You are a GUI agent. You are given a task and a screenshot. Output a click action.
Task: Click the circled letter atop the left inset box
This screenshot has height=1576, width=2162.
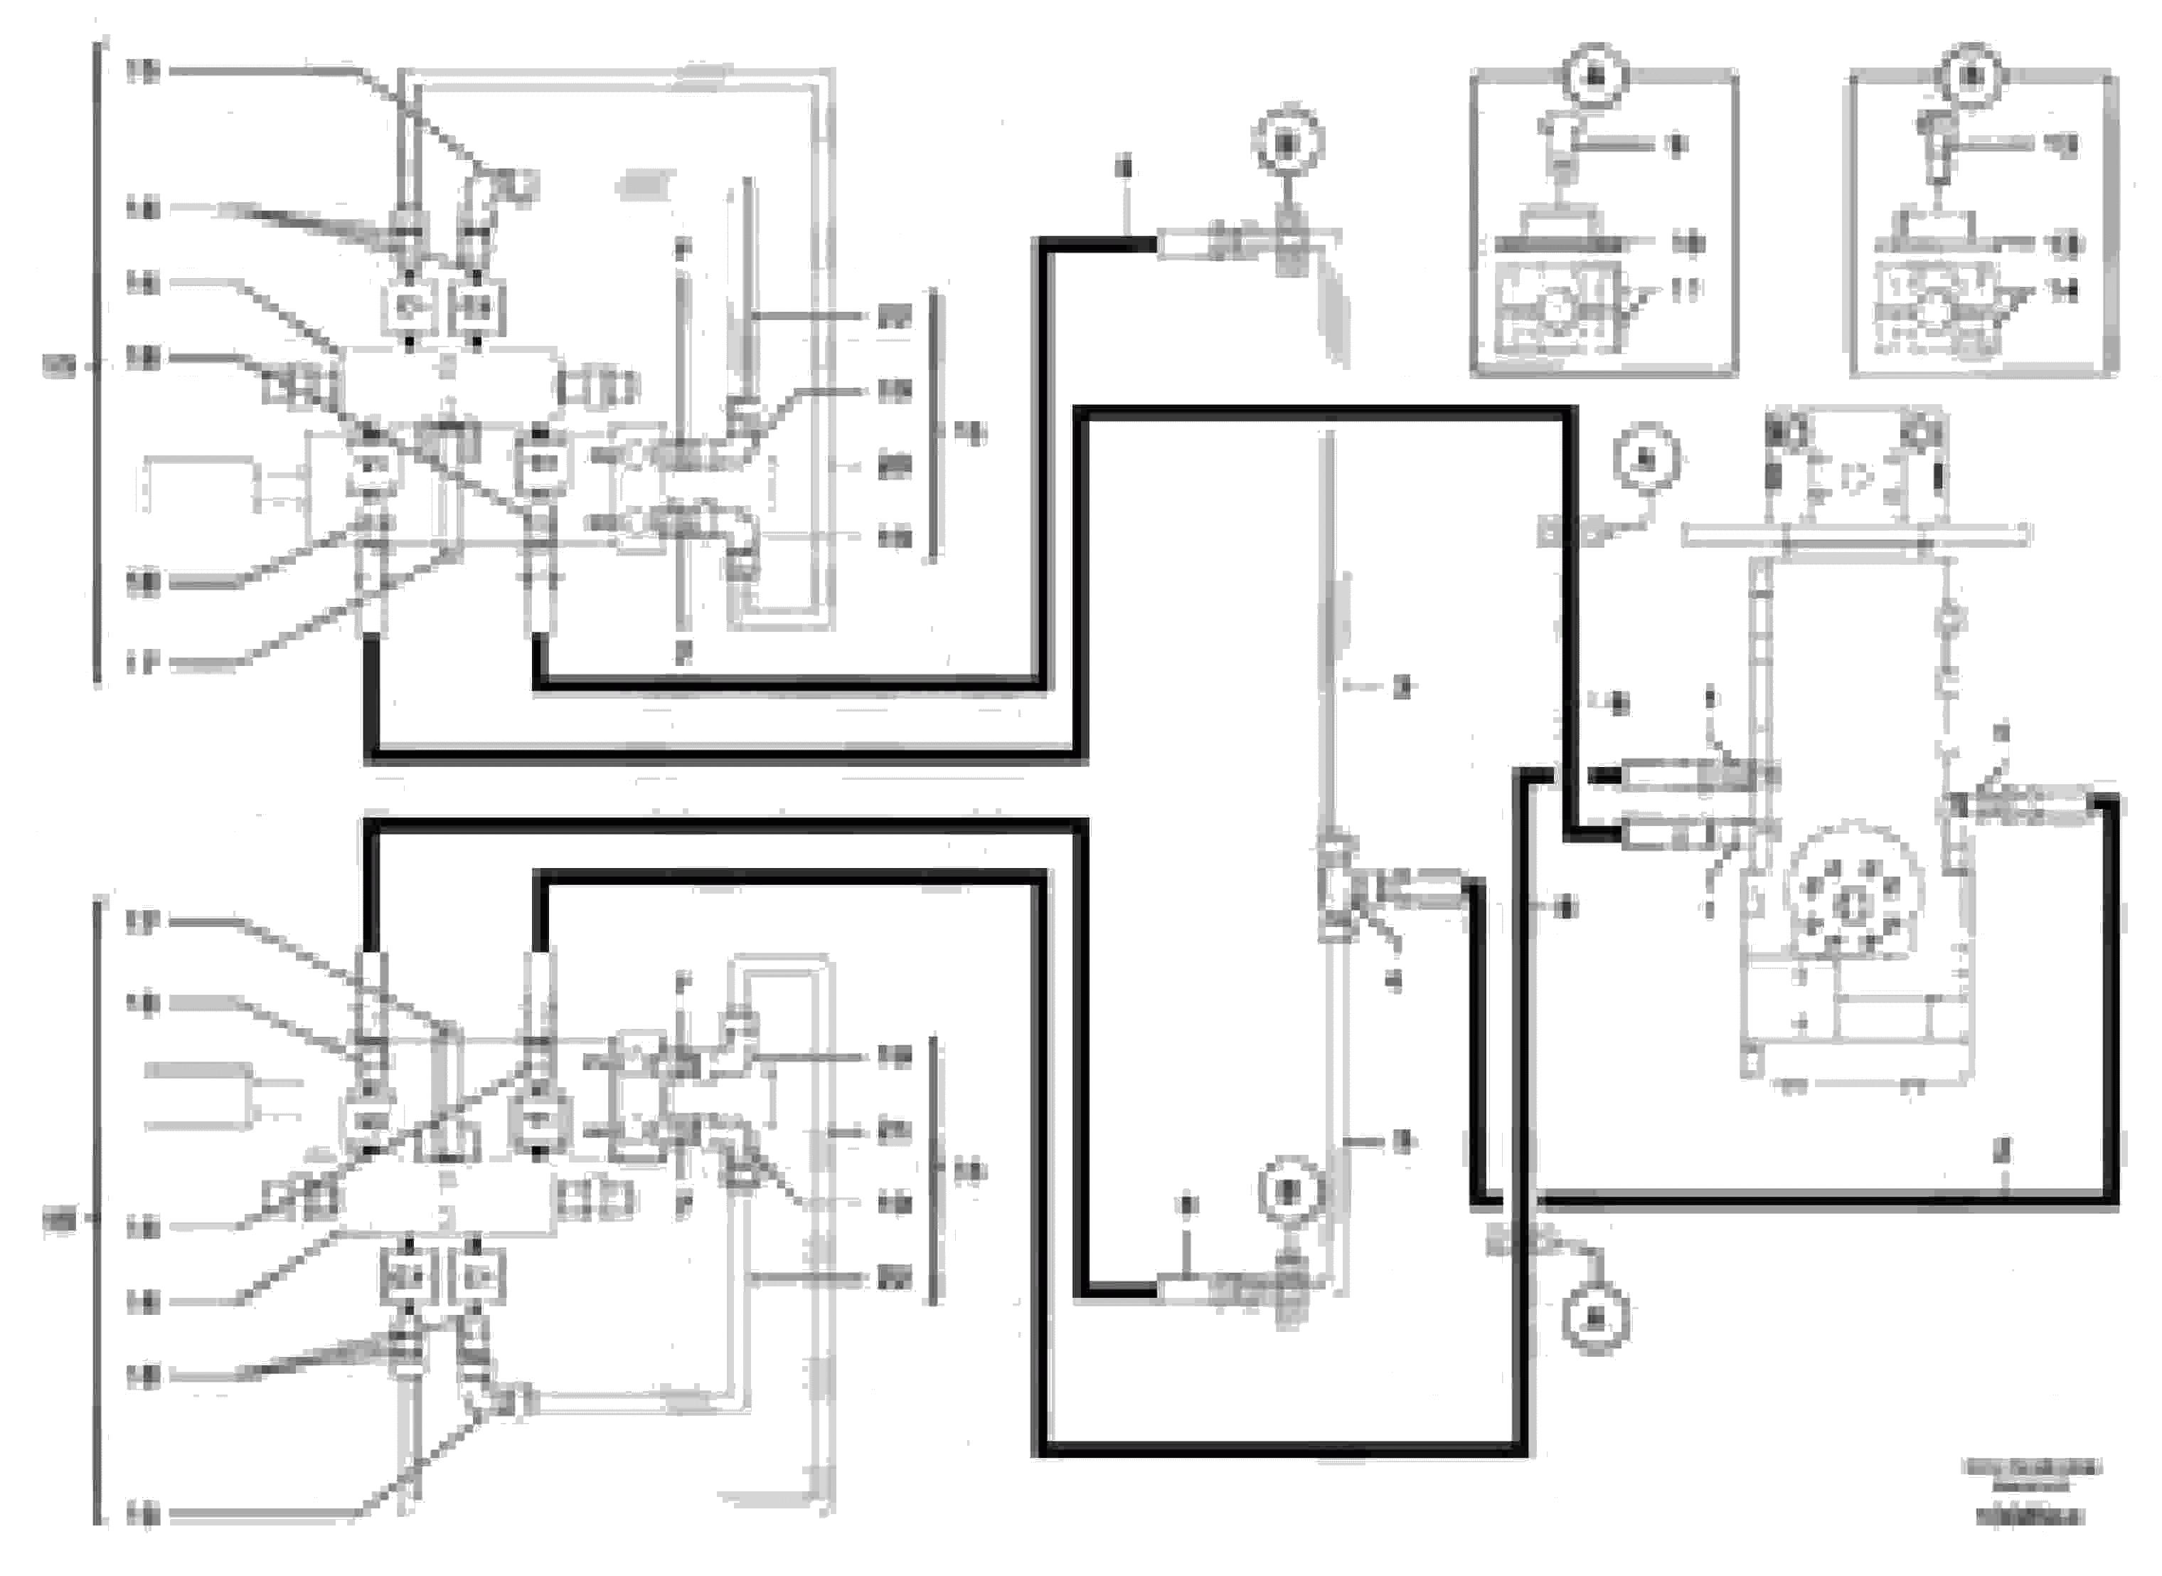click(1598, 75)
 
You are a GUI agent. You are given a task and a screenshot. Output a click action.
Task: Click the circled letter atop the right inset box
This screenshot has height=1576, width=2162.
click(1972, 75)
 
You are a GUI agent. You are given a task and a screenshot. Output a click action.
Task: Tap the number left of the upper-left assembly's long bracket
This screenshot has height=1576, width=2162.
click(58, 366)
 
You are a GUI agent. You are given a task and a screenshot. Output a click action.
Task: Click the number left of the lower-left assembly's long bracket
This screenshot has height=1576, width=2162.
click(58, 1220)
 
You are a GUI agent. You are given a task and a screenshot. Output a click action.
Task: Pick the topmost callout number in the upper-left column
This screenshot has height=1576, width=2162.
click(142, 70)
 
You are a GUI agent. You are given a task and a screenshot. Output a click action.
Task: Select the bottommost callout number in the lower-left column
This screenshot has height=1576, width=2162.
click(142, 1514)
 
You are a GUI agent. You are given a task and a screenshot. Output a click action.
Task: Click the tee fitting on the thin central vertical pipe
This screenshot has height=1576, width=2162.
click(1337, 885)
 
